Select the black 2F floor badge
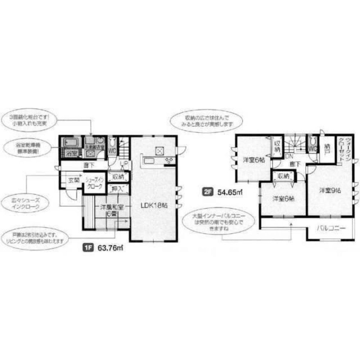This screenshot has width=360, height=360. coord(207,192)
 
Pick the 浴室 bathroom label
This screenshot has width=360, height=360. coord(71,153)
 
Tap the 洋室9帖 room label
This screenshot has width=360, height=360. coord(328,191)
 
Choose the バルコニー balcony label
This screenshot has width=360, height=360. coord(331,228)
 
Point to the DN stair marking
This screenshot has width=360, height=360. coord(288,157)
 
